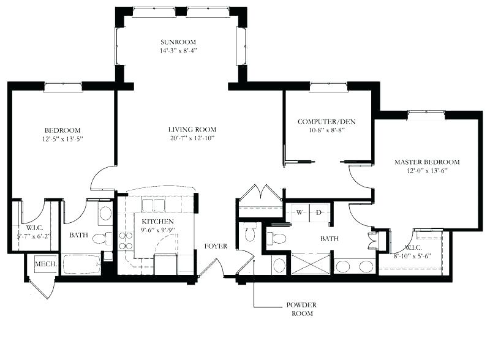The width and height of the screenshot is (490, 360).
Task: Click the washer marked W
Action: [x=300, y=212]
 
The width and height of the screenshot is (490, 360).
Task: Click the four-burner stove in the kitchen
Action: [x=126, y=241]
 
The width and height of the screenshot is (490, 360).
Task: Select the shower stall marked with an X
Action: [x=310, y=264]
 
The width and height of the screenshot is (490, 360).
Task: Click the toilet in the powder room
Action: [x=249, y=233]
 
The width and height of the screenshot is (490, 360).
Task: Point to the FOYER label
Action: [x=216, y=246]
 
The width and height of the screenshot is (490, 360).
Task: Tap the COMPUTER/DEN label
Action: [x=326, y=121]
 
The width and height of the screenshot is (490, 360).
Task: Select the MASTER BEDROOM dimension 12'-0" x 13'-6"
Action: [x=426, y=171]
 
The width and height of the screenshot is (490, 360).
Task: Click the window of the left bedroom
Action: [x=62, y=86]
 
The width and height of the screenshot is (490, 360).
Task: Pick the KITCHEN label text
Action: [x=157, y=221]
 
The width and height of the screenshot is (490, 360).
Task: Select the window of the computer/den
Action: [x=328, y=86]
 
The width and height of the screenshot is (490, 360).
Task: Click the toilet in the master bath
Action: [x=277, y=238]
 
